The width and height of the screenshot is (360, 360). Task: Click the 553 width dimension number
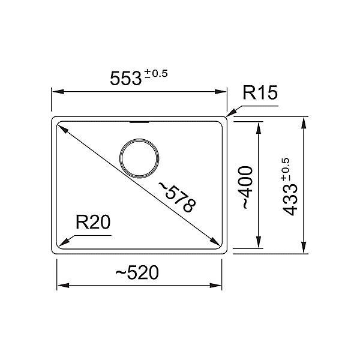click(125, 79)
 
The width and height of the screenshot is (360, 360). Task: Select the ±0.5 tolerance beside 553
click(156, 74)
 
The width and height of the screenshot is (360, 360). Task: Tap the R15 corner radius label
click(260, 93)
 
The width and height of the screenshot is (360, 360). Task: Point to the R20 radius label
click(93, 222)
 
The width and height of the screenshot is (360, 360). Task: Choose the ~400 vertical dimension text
click(247, 187)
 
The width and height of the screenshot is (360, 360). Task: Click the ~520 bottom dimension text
click(137, 272)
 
